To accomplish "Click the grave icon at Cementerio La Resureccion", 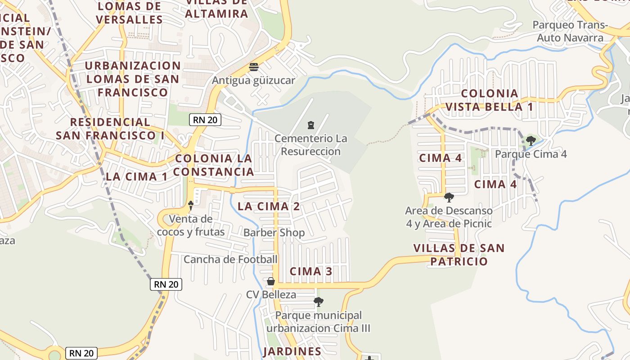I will (x=310, y=125).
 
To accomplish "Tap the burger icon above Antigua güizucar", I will (x=254, y=67).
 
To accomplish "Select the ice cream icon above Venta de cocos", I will (x=191, y=206).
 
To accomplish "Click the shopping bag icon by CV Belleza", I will (x=271, y=281).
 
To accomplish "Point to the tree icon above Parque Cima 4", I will (x=531, y=140).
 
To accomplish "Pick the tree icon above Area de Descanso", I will (x=449, y=197).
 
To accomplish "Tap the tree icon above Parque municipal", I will (x=319, y=301).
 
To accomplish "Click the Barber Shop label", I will (x=274, y=233).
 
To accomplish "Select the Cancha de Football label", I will (x=230, y=259).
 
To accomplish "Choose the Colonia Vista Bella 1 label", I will (x=490, y=100).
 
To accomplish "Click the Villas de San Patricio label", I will (x=459, y=255).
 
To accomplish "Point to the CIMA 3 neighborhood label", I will (x=311, y=271).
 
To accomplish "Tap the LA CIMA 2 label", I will (x=269, y=207).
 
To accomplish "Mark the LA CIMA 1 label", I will (x=136, y=176).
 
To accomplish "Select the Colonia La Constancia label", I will (x=214, y=165).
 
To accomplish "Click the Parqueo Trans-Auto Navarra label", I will (x=570, y=31).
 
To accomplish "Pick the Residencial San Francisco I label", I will (x=110, y=128).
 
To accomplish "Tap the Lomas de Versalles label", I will (x=129, y=13).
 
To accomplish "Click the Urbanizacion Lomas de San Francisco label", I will (x=133, y=79).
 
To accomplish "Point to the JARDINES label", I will (x=292, y=351).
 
